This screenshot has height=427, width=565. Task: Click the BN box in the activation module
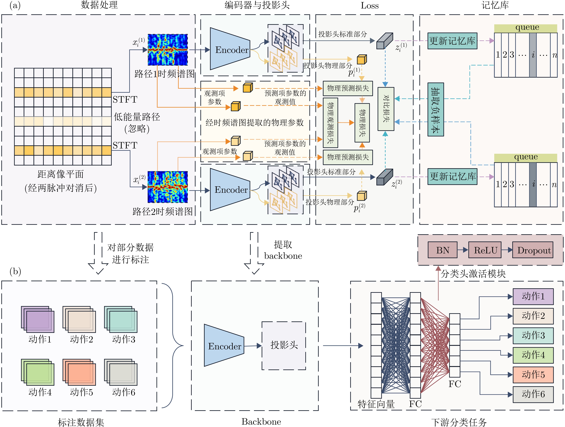click(x=442, y=250)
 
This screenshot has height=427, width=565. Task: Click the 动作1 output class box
click(x=533, y=296)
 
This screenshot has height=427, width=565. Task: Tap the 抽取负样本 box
click(x=436, y=109)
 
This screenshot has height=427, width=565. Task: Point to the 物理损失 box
click(x=362, y=123)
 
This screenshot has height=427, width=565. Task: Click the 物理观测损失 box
click(x=330, y=123)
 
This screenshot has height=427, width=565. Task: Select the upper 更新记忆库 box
click(x=452, y=41)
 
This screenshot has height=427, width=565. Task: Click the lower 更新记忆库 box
click(x=452, y=176)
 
